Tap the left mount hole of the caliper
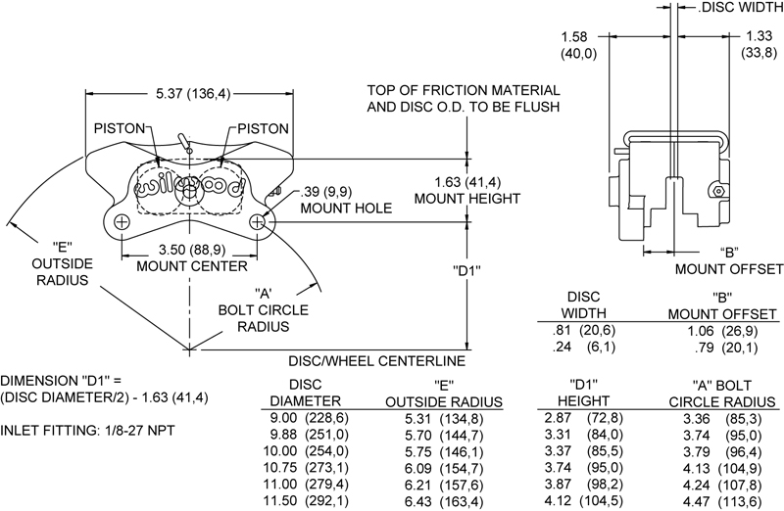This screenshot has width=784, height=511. [121, 223]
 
